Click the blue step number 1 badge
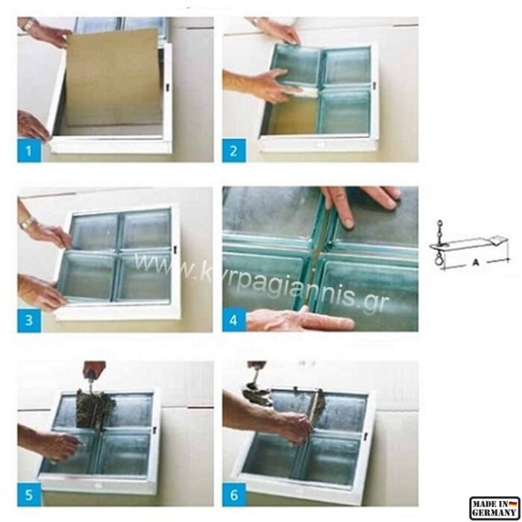pyautogui.click(x=29, y=151)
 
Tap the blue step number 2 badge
pyautogui.click(x=234, y=151)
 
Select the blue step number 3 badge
pyautogui.click(x=29, y=321)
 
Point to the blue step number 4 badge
pyautogui.click(x=234, y=320)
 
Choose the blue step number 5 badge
pyautogui.click(x=29, y=494)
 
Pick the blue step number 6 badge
pyautogui.click(x=234, y=494)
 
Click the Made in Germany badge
pyautogui.click(x=494, y=508)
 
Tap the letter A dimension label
pyautogui.click(x=476, y=262)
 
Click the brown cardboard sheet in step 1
pyautogui.click(x=113, y=78)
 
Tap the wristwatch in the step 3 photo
pyautogui.click(x=26, y=222)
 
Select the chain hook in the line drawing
pyautogui.click(x=438, y=245)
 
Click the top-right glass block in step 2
pyautogui.click(x=347, y=66)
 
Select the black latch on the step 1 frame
pyautogui.click(x=167, y=87)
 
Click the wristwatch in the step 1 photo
pyautogui.click(x=28, y=25)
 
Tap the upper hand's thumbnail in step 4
pyautogui.click(x=348, y=222)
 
